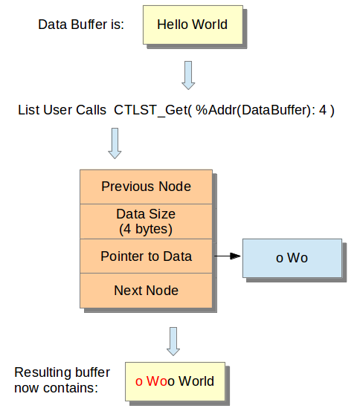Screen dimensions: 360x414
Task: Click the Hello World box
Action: (193, 25)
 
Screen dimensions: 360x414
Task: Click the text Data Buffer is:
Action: (81, 25)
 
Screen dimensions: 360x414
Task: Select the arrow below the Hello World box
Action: (188, 76)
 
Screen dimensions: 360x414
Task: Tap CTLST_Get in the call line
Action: (151, 110)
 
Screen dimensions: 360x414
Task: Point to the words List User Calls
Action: (62, 110)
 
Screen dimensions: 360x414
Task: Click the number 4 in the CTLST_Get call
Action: (323, 110)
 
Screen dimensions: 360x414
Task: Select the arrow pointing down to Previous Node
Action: (115, 143)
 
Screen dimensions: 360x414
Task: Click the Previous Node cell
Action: (147, 187)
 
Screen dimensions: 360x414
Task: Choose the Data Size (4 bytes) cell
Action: (147, 221)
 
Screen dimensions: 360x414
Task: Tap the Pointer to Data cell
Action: (147, 256)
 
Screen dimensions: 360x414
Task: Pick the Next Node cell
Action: (147, 291)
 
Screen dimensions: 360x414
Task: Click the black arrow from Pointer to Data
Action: (228, 256)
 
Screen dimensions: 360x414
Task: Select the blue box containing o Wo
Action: (292, 258)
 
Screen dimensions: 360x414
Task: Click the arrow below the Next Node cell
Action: (173, 341)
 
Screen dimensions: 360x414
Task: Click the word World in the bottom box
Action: (196, 381)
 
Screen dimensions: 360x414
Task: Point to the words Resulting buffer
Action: (62, 372)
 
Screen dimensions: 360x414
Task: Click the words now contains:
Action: (56, 388)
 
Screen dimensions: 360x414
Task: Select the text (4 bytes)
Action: (146, 229)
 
